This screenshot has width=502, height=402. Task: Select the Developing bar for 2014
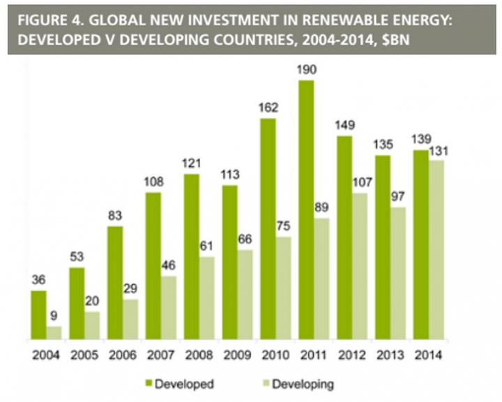(436, 250)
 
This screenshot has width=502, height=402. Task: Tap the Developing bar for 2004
(54, 333)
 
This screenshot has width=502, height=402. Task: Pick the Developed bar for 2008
(191, 257)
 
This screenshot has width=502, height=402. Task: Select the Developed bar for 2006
(115, 283)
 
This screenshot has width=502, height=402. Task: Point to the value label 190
(305, 70)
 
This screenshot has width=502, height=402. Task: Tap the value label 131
(438, 150)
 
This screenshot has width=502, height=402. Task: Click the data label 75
(284, 226)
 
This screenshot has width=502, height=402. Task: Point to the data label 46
(169, 265)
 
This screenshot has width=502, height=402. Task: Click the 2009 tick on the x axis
(238, 354)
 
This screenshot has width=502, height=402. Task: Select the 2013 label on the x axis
(390, 354)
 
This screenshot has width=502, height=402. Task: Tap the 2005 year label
(85, 354)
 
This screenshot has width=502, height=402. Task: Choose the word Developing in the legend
(303, 384)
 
